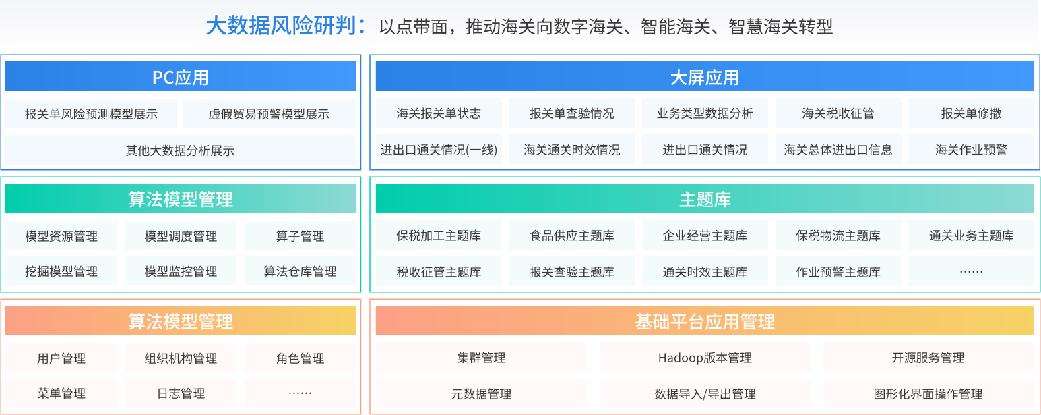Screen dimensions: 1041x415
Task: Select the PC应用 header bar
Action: click(x=181, y=76)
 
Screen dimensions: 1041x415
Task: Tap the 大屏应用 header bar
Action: click(x=705, y=76)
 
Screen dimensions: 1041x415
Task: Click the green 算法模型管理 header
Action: click(x=181, y=198)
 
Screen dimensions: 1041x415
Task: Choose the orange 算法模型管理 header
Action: click(x=181, y=321)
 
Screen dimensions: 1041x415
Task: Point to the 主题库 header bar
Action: click(x=705, y=198)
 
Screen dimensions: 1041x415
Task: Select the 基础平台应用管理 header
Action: click(x=705, y=321)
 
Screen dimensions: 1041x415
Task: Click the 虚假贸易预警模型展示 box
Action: click(x=269, y=113)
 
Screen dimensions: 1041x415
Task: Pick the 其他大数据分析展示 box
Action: click(x=181, y=150)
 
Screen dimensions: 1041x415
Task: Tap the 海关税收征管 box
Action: click(x=838, y=113)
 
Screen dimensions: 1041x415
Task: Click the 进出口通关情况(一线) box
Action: click(x=439, y=149)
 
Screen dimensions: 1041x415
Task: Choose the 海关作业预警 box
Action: click(x=972, y=149)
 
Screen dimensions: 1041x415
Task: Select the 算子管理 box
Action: click(x=300, y=236)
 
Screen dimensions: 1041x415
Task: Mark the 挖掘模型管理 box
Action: click(x=61, y=271)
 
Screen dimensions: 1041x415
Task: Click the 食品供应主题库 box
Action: click(x=571, y=235)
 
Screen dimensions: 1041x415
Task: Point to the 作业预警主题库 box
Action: click(x=838, y=271)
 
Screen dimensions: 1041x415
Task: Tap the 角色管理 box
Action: click(x=300, y=358)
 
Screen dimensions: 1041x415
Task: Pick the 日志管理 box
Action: click(x=181, y=393)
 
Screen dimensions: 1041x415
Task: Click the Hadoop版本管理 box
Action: click(x=705, y=358)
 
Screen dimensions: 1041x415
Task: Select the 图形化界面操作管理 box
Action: click(x=928, y=393)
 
